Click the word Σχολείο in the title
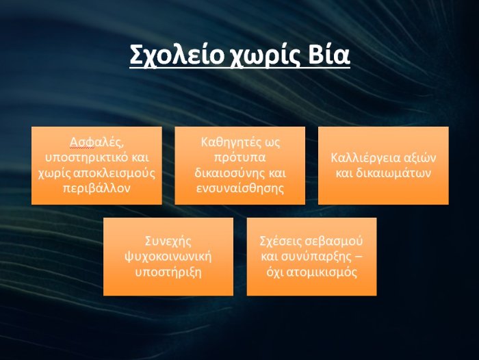click(177, 55)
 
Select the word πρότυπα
click(239, 158)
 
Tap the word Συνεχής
click(168, 242)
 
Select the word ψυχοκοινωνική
click(168, 257)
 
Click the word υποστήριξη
click(168, 272)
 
